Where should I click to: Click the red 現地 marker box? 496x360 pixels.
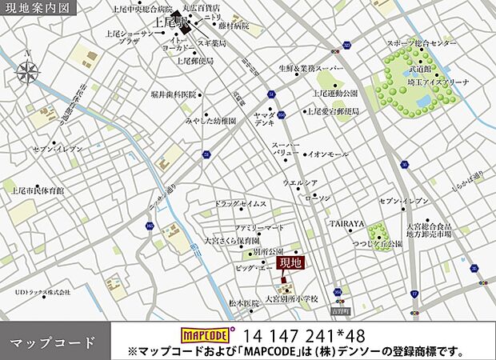click(x=290, y=262)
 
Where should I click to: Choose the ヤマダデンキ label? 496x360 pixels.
click(x=266, y=119)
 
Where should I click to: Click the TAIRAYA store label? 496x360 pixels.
click(x=348, y=224)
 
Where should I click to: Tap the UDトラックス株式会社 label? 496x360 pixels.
click(x=42, y=293)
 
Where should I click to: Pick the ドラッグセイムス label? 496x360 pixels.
click(x=241, y=204)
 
